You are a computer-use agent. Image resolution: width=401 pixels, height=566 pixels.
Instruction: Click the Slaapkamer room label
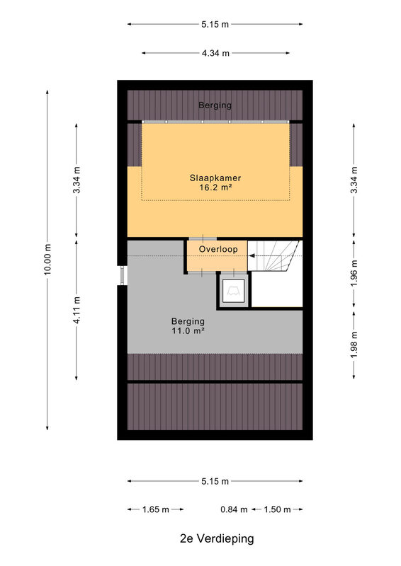coord(215,178)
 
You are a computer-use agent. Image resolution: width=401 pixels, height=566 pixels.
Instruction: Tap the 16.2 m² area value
coord(215,187)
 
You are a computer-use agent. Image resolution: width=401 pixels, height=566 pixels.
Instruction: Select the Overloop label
coord(218,249)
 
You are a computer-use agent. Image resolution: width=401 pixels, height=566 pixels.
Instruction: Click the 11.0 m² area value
coord(188,330)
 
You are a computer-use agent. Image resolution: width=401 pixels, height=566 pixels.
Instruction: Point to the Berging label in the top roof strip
coord(215,105)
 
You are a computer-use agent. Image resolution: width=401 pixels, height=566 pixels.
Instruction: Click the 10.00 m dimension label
coord(47,259)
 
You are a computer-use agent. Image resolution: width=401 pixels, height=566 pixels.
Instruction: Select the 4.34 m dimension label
coord(215,53)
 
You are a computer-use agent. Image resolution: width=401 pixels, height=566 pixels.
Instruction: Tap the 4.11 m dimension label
coord(77,310)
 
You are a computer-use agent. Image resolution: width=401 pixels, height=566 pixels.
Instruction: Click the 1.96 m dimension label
coord(354,273)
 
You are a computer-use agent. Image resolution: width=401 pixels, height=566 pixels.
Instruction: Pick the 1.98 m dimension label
coord(354,345)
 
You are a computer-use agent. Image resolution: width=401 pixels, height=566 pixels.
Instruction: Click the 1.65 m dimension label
coord(155,509)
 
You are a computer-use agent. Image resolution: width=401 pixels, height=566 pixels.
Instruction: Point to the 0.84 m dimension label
coord(234,509)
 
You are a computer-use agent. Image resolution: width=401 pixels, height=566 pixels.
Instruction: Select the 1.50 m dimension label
coord(277,509)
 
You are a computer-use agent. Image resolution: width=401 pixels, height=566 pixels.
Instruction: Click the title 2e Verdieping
coord(217,538)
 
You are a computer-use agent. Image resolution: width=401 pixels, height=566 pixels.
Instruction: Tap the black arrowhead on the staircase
coord(252,256)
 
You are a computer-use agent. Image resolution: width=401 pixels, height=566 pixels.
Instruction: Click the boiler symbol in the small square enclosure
coord(233,291)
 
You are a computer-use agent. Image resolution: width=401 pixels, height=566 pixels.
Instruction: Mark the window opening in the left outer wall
coord(123,275)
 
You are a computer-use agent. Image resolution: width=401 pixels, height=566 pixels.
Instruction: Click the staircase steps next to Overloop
coord(274,255)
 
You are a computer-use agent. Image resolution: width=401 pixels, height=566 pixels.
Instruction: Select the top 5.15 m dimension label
coord(215,25)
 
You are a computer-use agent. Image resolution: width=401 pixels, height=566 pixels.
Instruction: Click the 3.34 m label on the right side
coord(354,180)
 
